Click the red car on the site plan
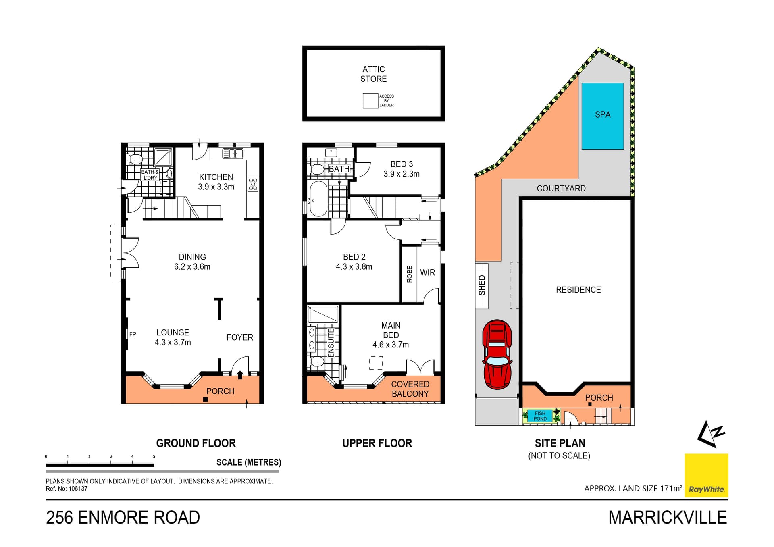497,355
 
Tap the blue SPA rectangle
603,116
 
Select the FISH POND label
540,416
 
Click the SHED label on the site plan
482,285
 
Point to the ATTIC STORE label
373,74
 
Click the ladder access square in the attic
370,101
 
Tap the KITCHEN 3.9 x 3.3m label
216,182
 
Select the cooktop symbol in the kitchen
253,184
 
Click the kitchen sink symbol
233,154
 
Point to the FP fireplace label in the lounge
133,334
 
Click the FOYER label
239,337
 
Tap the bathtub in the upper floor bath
318,199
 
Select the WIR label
427,273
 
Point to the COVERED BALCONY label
410,389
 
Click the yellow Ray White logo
706,475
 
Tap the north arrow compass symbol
710,434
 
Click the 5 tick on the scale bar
154,457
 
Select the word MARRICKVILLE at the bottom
667,518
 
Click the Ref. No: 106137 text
67,489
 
